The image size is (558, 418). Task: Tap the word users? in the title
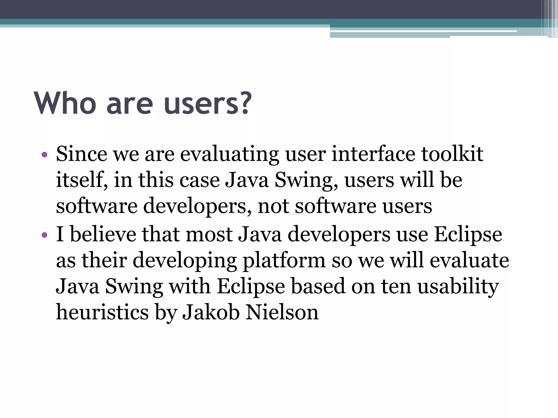point(207,103)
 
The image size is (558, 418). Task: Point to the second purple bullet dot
point(44,235)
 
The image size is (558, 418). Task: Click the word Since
point(81,154)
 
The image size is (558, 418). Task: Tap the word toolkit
point(452,154)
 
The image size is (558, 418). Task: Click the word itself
point(81,180)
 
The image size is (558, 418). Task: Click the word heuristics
point(102,312)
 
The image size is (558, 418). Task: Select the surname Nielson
point(282,312)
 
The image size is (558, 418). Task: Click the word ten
point(396,286)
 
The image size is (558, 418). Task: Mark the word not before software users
point(273,206)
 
